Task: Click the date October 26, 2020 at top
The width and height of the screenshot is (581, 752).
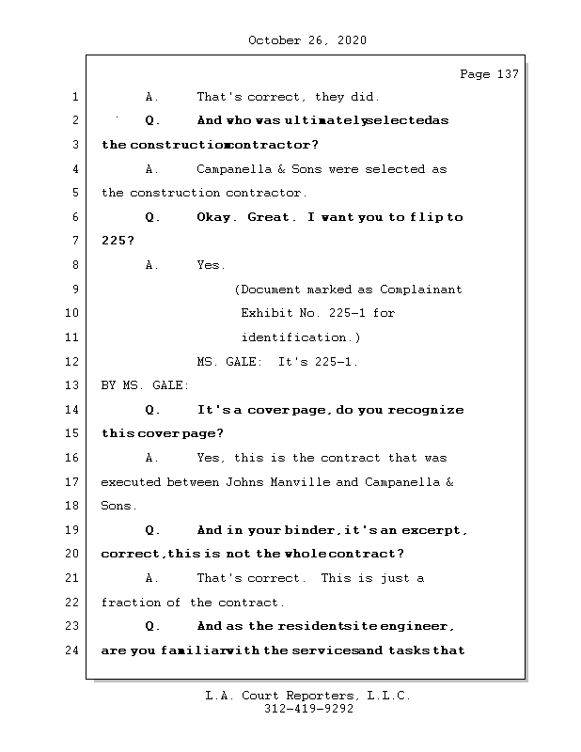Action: [x=307, y=40]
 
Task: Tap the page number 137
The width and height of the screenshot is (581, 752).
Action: [x=508, y=74]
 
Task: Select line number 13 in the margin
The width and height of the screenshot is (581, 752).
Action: [x=73, y=385]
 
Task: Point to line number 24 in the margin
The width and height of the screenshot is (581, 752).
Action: [x=73, y=650]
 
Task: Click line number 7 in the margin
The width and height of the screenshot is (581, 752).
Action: [x=74, y=241]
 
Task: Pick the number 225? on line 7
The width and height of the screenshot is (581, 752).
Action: [x=118, y=242]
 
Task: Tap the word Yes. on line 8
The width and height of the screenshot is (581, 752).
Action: [x=212, y=266]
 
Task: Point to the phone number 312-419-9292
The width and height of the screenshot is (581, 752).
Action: [x=308, y=710]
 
